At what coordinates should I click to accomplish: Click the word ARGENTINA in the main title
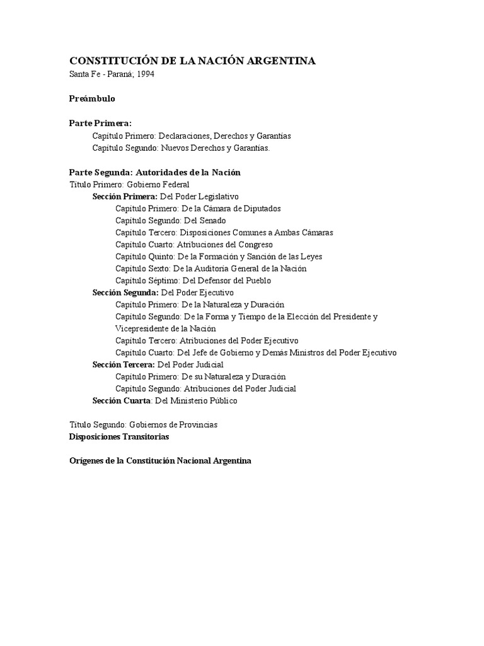[280, 61]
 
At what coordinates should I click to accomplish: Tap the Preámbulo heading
[92, 99]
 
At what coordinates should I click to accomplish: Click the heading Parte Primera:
[100, 124]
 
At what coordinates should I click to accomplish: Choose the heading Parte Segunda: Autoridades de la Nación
[154, 172]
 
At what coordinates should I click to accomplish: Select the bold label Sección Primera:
[125, 196]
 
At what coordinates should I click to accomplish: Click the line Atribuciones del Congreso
[194, 244]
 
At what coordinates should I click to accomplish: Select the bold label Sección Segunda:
[125, 293]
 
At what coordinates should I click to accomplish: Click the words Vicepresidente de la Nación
[165, 328]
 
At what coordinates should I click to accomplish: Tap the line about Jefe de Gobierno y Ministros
[256, 353]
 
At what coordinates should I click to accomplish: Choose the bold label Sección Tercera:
[124, 365]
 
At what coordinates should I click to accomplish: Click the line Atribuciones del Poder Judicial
[205, 389]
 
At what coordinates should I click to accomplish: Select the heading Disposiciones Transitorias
[119, 437]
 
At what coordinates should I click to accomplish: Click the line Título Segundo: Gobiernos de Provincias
[143, 425]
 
